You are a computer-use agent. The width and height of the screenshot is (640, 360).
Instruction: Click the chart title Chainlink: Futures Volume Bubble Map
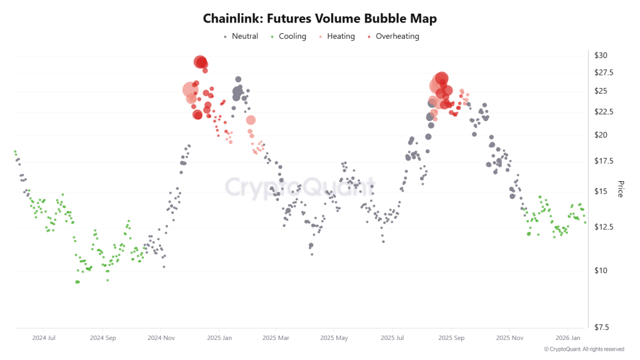tap(319, 19)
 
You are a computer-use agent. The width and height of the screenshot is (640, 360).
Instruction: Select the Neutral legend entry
tap(244, 36)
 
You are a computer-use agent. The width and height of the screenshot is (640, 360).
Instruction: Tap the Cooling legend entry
tap(292, 36)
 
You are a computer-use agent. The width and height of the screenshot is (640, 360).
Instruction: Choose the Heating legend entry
tap(341, 36)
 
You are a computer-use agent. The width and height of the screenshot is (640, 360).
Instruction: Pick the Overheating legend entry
tap(397, 36)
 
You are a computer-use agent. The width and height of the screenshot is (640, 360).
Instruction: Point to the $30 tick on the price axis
tap(601, 56)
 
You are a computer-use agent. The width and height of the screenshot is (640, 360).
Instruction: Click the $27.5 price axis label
tap(604, 73)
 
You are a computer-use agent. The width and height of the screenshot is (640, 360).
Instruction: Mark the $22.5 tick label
tap(604, 112)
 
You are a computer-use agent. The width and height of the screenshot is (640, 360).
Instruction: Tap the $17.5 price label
tap(604, 161)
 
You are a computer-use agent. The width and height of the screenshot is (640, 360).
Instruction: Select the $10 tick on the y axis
tap(601, 271)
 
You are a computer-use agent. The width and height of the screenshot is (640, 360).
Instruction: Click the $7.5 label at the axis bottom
tap(602, 327)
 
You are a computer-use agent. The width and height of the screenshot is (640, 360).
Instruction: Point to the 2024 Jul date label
tap(43, 338)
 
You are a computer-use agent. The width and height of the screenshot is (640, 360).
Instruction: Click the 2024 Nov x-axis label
tap(161, 338)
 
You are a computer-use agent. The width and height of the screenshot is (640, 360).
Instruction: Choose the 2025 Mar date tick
tap(276, 338)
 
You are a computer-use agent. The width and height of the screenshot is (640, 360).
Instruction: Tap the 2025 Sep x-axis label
tap(451, 338)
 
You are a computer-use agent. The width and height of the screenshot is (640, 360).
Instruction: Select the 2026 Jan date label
tap(567, 338)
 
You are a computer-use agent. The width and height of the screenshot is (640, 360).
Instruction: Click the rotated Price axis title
tap(621, 189)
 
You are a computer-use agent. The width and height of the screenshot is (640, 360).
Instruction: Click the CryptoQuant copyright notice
tap(584, 349)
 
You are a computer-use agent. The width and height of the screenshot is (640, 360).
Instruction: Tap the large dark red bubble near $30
tap(201, 62)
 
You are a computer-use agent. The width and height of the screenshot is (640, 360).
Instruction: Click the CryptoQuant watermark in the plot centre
tap(300, 187)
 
